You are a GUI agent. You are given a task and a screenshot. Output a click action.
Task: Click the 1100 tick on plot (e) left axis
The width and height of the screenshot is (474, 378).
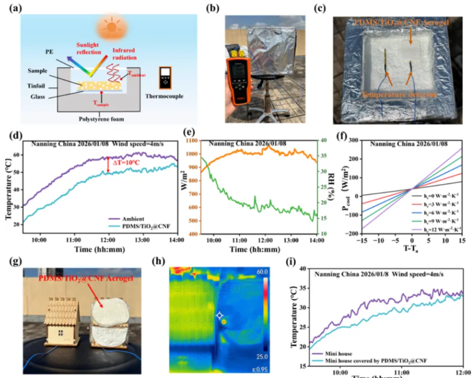tap(198, 140)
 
